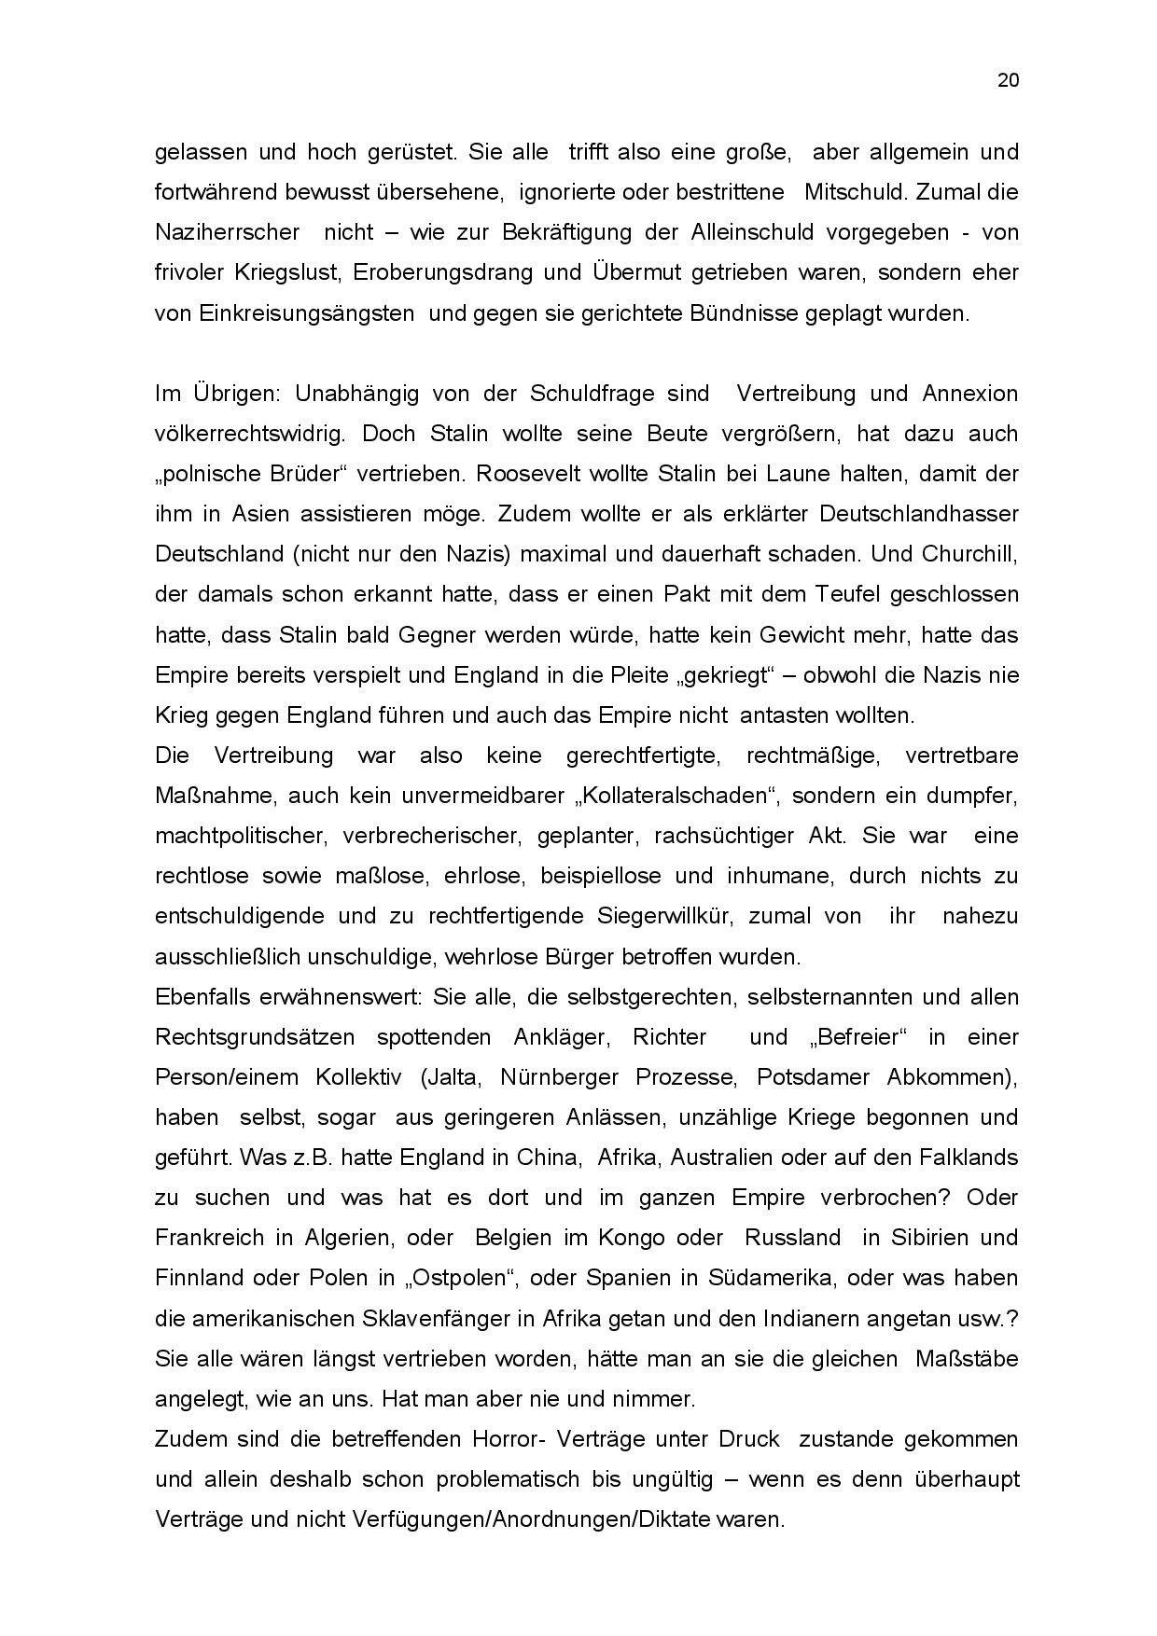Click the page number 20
(1008, 80)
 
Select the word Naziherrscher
(227, 232)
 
